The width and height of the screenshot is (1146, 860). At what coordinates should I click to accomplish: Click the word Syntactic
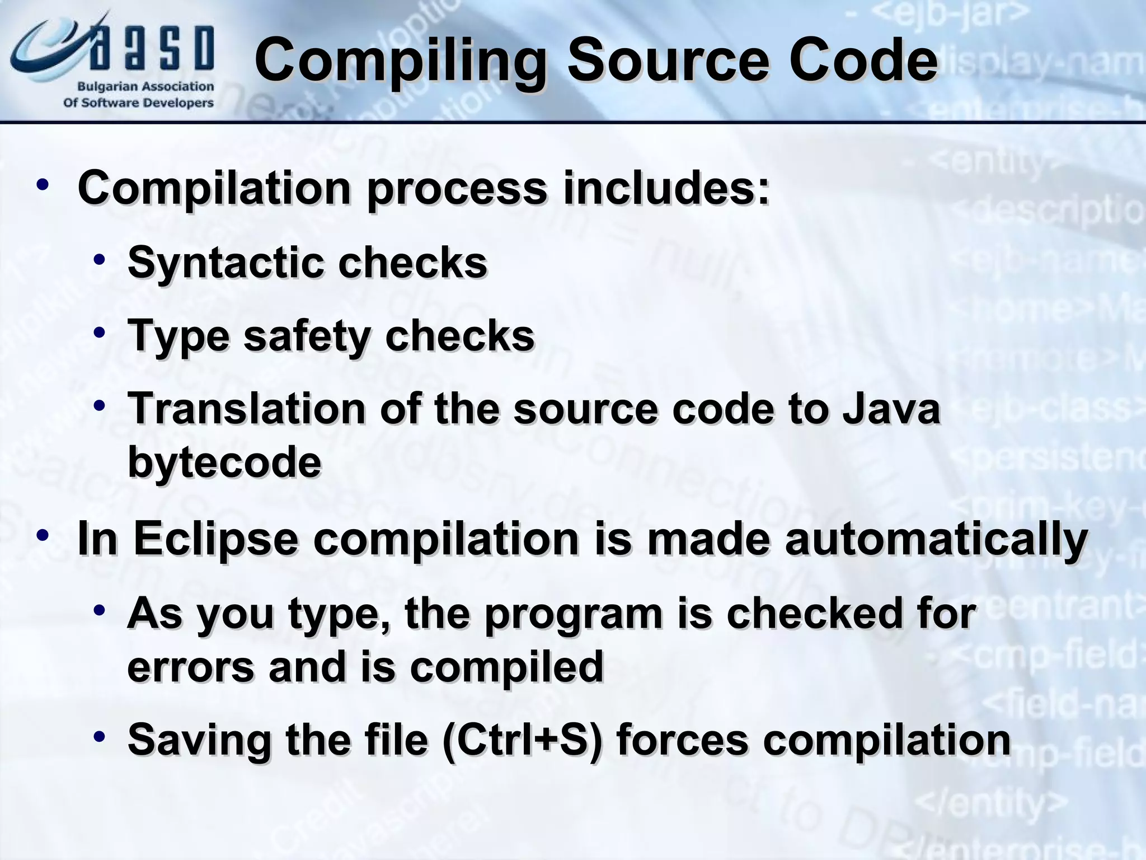(x=225, y=263)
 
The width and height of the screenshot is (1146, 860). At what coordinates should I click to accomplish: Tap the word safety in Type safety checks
(x=307, y=336)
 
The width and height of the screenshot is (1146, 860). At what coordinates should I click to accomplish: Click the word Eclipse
(x=215, y=539)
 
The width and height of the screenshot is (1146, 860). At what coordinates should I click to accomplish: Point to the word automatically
(x=936, y=539)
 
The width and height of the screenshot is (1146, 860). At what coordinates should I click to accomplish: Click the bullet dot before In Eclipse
(x=43, y=535)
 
